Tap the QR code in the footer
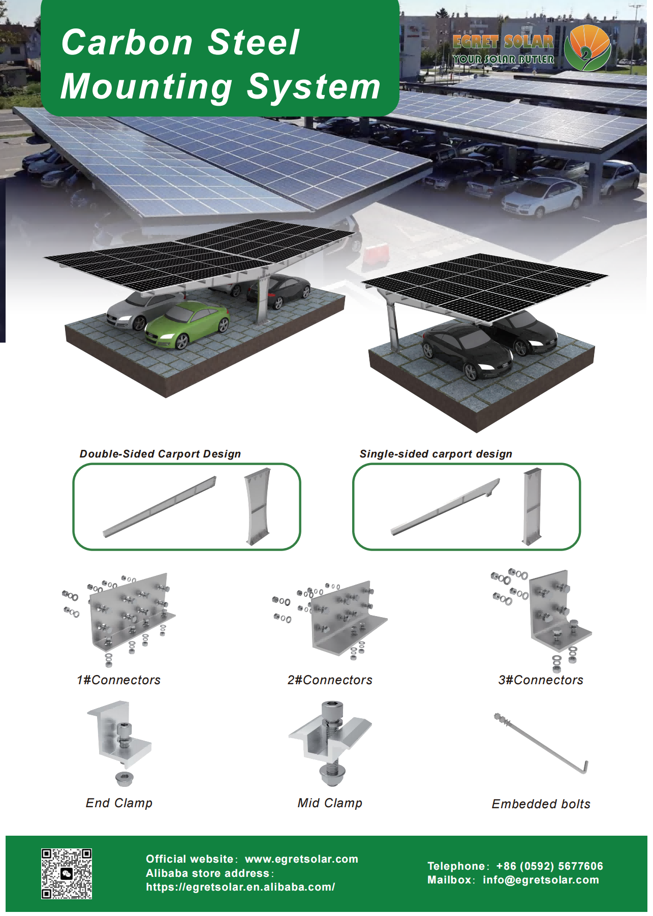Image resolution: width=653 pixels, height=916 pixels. click(67, 873)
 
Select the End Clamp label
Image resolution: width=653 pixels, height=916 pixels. click(119, 803)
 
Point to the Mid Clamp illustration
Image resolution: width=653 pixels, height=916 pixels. click(330, 742)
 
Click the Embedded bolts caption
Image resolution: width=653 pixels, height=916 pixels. click(541, 804)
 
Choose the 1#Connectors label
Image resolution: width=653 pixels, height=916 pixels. click(118, 680)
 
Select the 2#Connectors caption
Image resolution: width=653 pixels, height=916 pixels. click(330, 680)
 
